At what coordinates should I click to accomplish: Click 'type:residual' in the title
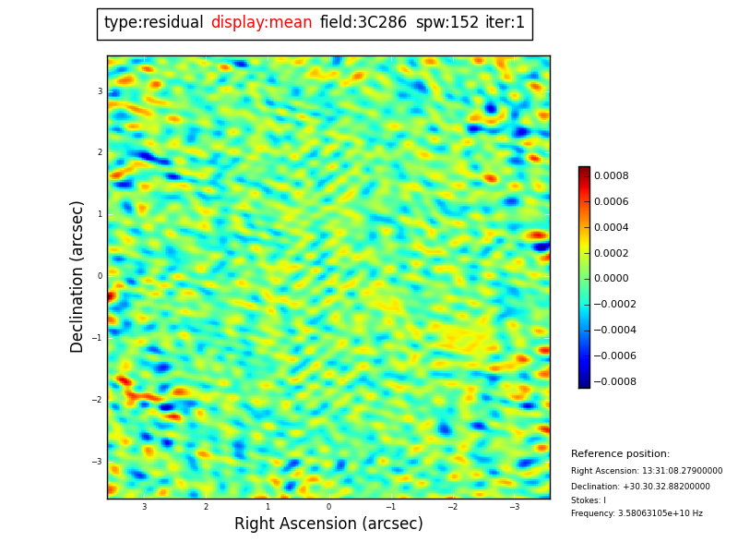click(x=153, y=23)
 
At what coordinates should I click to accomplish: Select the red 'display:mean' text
click(x=261, y=23)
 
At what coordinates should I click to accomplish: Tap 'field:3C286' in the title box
click(x=363, y=23)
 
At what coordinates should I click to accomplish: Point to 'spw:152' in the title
click(x=446, y=23)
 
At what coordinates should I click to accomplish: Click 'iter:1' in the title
click(x=505, y=23)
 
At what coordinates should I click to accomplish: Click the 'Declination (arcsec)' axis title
click(x=78, y=276)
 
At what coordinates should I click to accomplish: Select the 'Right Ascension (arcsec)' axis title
click(x=328, y=524)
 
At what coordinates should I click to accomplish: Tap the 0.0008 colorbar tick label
click(x=612, y=175)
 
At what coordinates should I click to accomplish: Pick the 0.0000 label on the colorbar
click(x=612, y=279)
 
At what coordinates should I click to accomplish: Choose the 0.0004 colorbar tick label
click(x=612, y=227)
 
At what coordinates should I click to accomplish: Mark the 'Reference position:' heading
click(x=620, y=454)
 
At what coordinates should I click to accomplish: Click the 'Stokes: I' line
click(x=589, y=500)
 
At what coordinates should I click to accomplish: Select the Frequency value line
click(x=637, y=513)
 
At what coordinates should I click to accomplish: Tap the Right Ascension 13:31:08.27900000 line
click(x=647, y=471)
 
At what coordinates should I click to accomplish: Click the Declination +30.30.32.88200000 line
click(x=640, y=487)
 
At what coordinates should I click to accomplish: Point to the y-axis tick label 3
click(x=100, y=91)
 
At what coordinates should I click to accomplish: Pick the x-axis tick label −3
click(x=514, y=507)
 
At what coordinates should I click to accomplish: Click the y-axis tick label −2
click(x=98, y=400)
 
